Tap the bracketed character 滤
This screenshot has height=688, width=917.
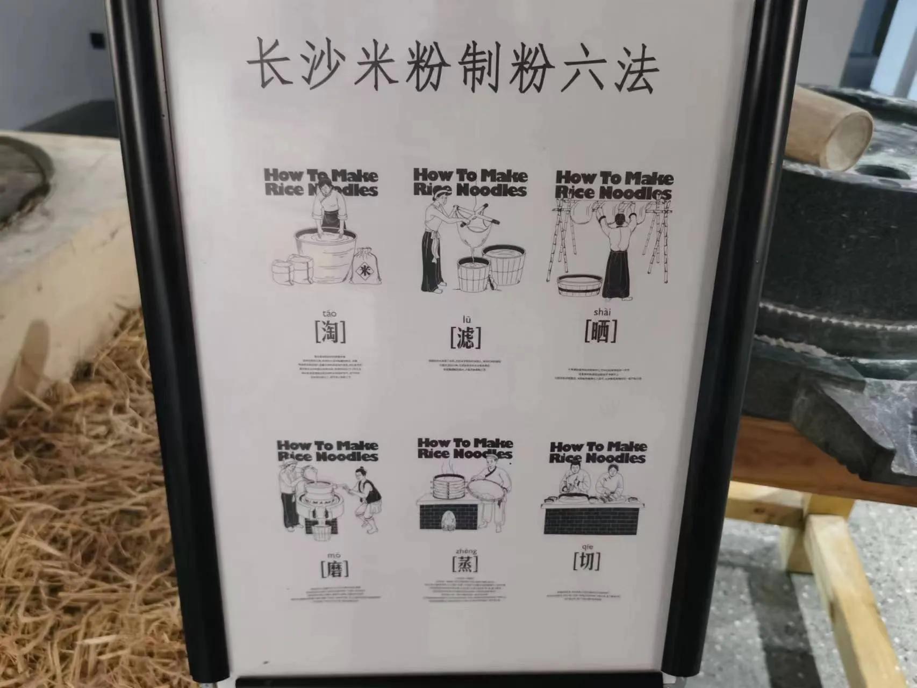point(465,338)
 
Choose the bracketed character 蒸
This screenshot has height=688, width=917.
point(465,564)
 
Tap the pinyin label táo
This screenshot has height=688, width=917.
point(330,313)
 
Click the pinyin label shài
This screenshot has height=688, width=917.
point(602,312)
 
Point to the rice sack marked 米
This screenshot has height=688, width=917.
point(365,267)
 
